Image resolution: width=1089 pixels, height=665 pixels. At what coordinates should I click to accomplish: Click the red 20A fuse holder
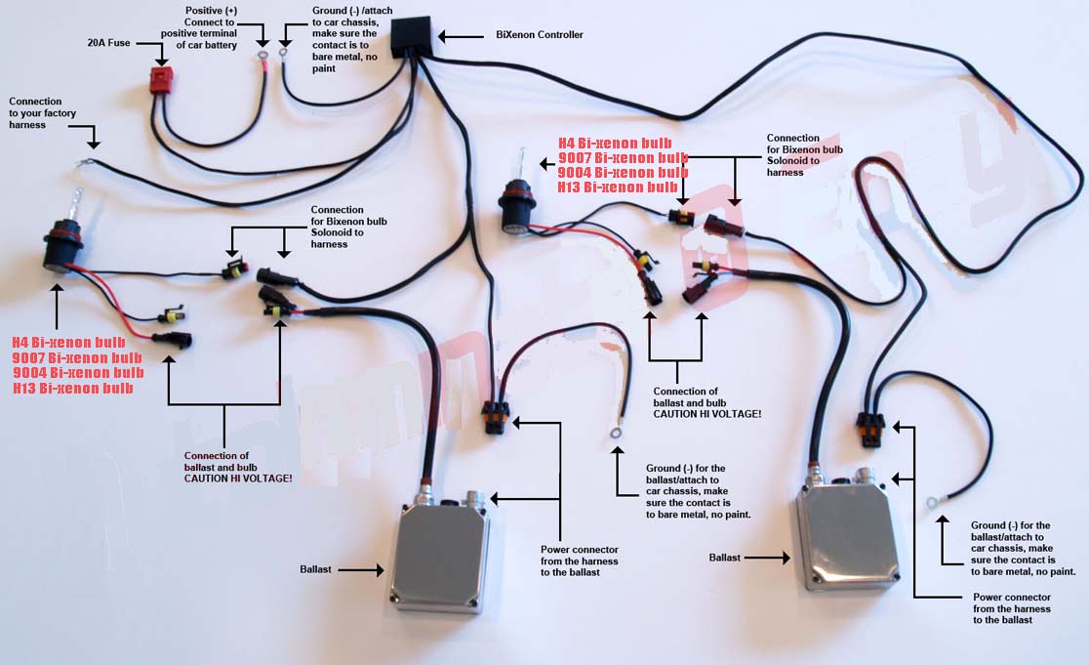(x=163, y=81)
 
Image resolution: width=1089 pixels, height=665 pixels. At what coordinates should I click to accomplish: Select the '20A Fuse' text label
(x=108, y=43)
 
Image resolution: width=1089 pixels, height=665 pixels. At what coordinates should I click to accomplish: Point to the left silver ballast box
(x=440, y=552)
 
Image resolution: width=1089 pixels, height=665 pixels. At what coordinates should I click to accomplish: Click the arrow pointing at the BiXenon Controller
(x=459, y=36)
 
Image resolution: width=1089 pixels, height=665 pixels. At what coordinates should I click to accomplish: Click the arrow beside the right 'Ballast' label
(x=769, y=558)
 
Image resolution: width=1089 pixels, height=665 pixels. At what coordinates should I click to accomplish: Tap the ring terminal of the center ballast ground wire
(x=617, y=428)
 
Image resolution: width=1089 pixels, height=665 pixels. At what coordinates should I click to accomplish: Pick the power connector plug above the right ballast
(x=867, y=427)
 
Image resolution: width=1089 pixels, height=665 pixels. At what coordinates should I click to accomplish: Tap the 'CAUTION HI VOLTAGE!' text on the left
(x=238, y=478)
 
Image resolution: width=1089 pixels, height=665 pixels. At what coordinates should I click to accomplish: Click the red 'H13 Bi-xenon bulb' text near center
(x=618, y=187)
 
